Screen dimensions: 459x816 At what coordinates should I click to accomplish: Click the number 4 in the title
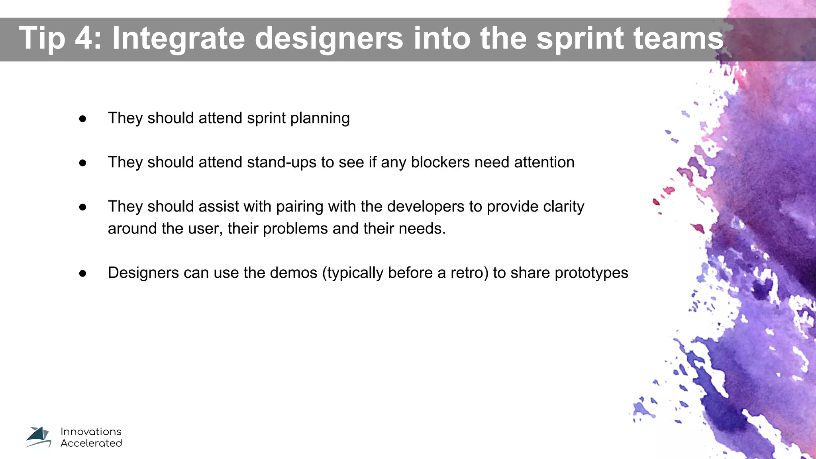pyautogui.click(x=83, y=38)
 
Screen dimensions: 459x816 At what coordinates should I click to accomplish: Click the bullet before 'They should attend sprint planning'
pyautogui.click(x=83, y=119)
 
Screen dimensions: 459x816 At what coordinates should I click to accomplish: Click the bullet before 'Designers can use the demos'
pyautogui.click(x=83, y=273)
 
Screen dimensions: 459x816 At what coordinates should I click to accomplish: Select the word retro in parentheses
pyautogui.click(x=467, y=273)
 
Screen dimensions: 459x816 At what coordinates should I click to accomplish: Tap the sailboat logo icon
pyautogui.click(x=39, y=437)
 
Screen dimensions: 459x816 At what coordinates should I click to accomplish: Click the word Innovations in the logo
pyautogui.click(x=91, y=432)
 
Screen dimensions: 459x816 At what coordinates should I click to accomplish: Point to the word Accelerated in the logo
pyautogui.click(x=91, y=443)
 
